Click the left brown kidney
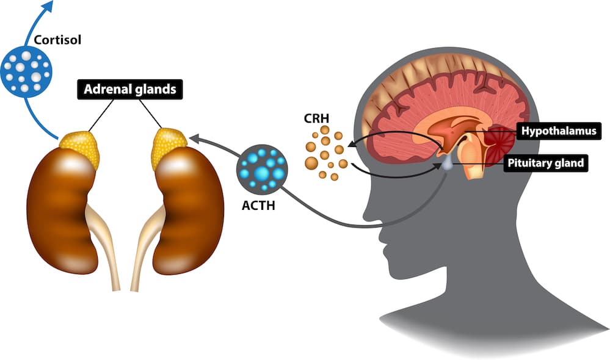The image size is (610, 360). (x=60, y=207)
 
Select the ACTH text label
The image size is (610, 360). (x=258, y=206)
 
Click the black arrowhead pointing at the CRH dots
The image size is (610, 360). (x=352, y=146)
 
